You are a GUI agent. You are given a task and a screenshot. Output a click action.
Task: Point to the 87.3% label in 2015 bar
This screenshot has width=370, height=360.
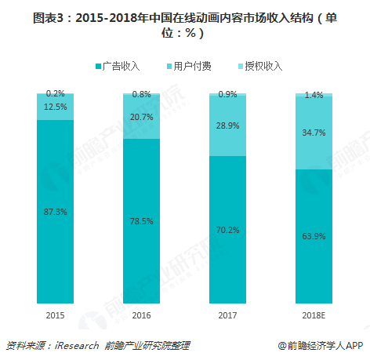pos(55,212)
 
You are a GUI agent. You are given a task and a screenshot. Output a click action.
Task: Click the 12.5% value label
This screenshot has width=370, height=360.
pos(55,107)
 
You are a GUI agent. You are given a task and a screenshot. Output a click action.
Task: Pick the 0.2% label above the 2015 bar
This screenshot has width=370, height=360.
pos(55,93)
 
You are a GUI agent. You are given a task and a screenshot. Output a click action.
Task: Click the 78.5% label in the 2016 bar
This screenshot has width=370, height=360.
pos(141,221)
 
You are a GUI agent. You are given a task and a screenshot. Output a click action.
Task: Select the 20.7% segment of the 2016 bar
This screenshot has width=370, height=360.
pos(141,117)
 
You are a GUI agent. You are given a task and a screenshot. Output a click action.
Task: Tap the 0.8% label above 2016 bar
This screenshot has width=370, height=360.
pos(141,94)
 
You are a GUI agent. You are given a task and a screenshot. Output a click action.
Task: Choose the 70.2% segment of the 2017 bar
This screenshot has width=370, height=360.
pos(227,230)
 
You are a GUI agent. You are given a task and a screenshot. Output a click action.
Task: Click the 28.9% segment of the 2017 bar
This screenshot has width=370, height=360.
pos(227,125)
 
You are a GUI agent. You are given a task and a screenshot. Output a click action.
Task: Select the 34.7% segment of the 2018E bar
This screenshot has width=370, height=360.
pos(314,133)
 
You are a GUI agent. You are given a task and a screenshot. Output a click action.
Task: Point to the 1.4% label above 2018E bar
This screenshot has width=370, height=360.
pos(314,94)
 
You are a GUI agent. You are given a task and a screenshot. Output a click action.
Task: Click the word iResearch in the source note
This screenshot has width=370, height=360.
pos(75,345)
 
